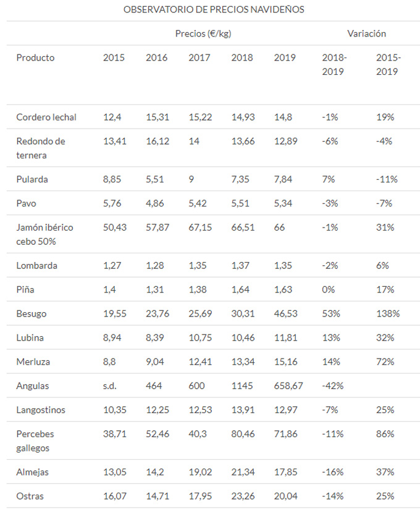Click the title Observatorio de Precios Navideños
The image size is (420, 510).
click(x=214, y=10)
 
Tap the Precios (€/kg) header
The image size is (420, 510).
click(x=203, y=33)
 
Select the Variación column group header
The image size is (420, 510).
click(x=366, y=33)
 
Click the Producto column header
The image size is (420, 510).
click(x=35, y=57)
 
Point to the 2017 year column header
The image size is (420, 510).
click(x=199, y=57)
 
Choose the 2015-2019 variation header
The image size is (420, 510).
click(x=388, y=64)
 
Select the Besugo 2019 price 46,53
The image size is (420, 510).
click(x=286, y=313)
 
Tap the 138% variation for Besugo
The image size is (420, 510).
click(x=388, y=313)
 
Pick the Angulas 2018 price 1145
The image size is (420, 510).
click(x=243, y=386)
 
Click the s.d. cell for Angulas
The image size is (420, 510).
click(x=110, y=386)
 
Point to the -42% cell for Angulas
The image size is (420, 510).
click(x=333, y=386)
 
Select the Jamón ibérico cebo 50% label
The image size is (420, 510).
click(x=44, y=234)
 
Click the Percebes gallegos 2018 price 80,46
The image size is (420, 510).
click(x=243, y=434)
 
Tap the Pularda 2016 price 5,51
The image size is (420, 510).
click(x=155, y=179)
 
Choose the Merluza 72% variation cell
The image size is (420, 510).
click(x=385, y=362)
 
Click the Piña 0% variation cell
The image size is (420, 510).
click(x=329, y=289)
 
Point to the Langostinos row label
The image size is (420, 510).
click(x=41, y=410)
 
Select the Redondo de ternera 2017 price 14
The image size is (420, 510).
click(x=194, y=141)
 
